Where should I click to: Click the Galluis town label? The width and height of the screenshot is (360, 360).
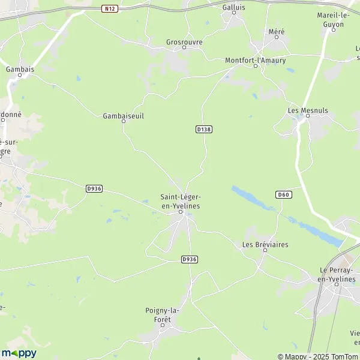click(234, 7)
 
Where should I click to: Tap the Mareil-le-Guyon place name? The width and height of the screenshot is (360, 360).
click(331, 19)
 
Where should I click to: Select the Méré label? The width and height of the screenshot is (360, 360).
click(277, 31)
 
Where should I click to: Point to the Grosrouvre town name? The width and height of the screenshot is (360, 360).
click(184, 42)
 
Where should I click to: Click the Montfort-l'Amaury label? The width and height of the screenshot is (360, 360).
click(255, 60)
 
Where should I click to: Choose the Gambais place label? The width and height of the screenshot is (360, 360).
click(20, 69)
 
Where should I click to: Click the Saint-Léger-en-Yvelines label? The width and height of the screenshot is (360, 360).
click(180, 201)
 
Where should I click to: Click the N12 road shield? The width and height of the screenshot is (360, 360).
click(109, 8)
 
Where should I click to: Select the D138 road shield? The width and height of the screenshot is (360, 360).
click(204, 129)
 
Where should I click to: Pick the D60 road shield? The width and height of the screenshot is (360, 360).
click(284, 194)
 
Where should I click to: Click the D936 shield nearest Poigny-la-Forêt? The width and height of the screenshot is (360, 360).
click(189, 259)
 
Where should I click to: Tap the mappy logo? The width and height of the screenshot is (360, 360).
click(19, 353)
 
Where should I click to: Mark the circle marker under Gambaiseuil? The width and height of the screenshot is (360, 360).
click(124, 121)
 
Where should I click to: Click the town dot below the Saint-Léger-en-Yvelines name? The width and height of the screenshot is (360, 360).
click(180, 212)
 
